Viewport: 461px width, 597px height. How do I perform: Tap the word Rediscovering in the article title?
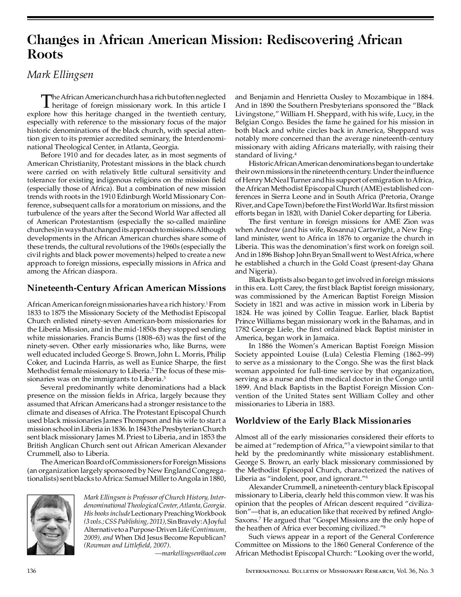point(307,40)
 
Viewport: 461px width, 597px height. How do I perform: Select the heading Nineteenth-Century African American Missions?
point(126,288)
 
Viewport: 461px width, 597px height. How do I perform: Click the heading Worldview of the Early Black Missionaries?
point(323,421)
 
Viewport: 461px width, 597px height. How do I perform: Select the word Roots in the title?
point(45,54)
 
